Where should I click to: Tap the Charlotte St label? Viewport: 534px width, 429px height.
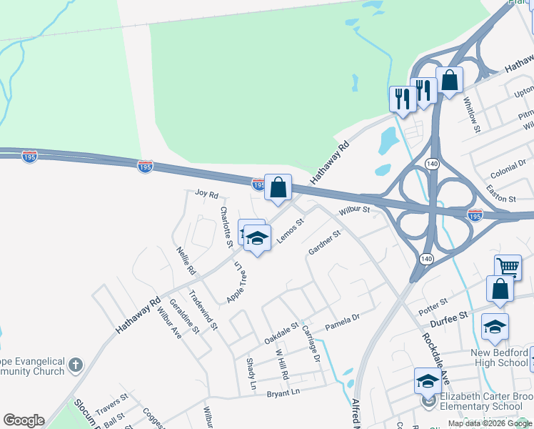(x=226, y=227)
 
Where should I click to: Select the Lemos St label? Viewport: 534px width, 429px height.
(x=291, y=230)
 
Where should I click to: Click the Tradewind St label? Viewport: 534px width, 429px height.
(x=203, y=310)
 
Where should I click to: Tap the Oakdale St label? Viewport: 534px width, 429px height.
(x=281, y=332)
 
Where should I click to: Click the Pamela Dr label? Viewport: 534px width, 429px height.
(x=342, y=322)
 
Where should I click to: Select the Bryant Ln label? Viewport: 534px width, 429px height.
(x=283, y=393)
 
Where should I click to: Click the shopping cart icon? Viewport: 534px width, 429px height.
(x=508, y=267)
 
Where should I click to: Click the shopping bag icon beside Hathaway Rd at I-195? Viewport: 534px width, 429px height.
(x=278, y=188)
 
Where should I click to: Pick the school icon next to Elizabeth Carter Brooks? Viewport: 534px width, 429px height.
(x=427, y=380)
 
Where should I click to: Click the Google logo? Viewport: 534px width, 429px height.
(x=24, y=420)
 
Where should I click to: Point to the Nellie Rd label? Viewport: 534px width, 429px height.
(x=186, y=261)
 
